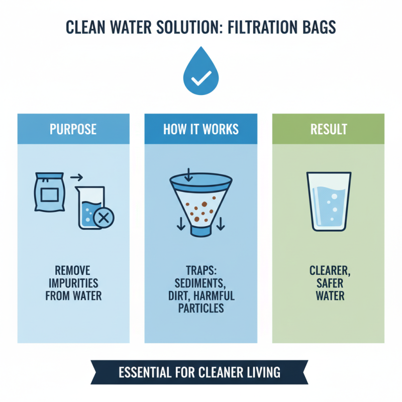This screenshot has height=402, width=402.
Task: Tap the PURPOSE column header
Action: (x=73, y=129)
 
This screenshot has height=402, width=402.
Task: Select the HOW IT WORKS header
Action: (x=201, y=129)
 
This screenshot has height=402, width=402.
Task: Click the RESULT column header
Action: (x=329, y=129)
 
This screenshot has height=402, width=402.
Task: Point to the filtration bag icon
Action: (x=49, y=193)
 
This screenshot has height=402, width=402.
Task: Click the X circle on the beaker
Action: (x=104, y=217)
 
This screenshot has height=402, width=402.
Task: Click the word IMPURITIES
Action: (x=73, y=283)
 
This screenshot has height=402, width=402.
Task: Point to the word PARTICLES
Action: (x=201, y=308)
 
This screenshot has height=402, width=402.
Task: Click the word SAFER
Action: (x=330, y=283)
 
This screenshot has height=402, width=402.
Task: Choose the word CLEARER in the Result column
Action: (x=330, y=271)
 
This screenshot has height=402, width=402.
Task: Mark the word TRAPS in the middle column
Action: (x=200, y=271)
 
